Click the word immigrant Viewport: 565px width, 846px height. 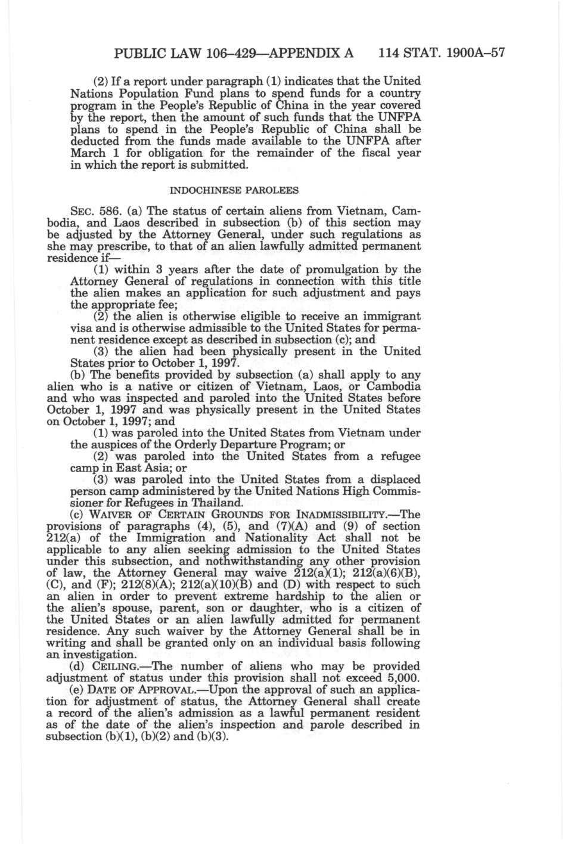click(x=391, y=317)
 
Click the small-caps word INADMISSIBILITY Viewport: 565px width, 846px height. click(x=350, y=515)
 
